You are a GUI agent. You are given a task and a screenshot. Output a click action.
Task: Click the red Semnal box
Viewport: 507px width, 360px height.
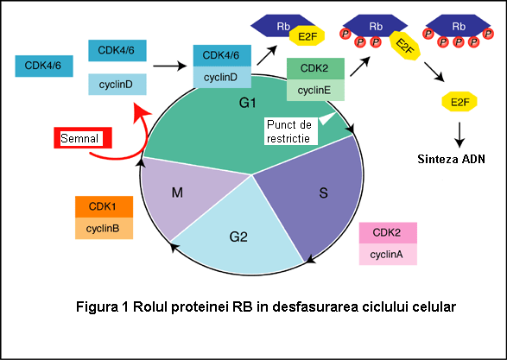pos(83,138)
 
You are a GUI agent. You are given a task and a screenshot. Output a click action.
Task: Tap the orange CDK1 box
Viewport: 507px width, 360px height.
pos(104,206)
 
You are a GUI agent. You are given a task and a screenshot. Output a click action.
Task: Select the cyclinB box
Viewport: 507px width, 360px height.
pos(104,229)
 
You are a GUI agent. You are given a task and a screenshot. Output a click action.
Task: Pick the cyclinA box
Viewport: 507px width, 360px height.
pos(388,255)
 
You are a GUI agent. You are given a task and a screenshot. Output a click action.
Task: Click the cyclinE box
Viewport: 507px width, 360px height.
pos(315,90)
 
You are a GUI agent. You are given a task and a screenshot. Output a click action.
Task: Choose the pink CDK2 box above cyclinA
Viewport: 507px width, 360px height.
pos(388,233)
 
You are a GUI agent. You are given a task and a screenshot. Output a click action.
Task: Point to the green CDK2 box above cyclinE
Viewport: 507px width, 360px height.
pos(315,68)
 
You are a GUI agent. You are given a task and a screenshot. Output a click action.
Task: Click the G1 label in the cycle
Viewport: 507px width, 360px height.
pos(247,103)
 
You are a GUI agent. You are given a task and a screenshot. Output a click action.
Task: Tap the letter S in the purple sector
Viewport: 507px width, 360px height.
pos(323,193)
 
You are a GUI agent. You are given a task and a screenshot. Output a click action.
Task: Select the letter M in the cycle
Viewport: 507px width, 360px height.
pos(177,193)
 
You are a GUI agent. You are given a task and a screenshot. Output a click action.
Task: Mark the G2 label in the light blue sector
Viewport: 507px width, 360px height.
pos(238,237)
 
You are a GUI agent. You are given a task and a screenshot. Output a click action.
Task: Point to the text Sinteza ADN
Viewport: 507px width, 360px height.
pos(451,159)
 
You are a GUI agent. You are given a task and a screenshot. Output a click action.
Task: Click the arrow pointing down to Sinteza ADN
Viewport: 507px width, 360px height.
pos(459,135)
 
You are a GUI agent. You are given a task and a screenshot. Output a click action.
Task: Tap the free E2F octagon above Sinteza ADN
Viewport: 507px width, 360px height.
pos(459,102)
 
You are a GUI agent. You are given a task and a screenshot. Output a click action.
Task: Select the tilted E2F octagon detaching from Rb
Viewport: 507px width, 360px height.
pos(404,46)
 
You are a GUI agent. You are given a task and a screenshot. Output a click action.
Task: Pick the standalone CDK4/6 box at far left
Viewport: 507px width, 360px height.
pos(44,66)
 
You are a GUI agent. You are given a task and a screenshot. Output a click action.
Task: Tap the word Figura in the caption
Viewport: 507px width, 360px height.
pos(97,306)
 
